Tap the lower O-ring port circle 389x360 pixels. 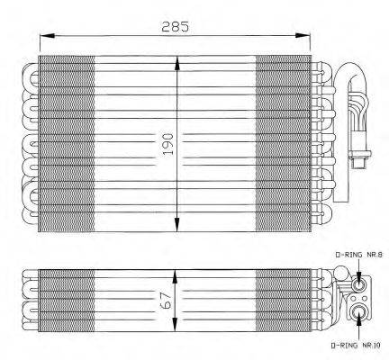tap(360, 313)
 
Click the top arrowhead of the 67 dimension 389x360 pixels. tap(178, 270)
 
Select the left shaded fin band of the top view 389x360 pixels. tap(68, 144)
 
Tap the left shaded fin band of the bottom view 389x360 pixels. tap(68, 297)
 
